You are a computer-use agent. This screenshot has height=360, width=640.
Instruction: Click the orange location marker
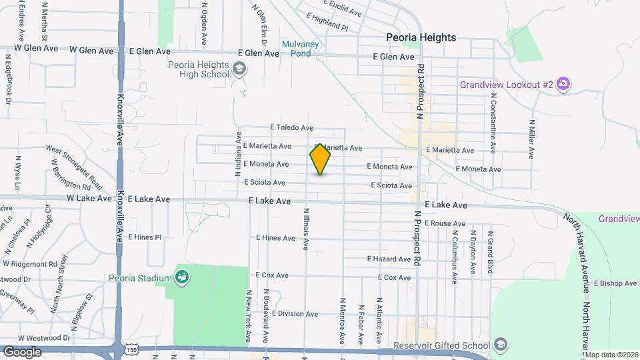320,159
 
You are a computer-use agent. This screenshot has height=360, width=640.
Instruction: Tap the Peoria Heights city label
421,37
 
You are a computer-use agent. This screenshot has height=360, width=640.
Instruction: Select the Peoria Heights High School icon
239,69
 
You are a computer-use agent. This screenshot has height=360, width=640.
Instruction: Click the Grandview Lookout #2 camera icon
563,85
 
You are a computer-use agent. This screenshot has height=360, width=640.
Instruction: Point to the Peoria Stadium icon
181,277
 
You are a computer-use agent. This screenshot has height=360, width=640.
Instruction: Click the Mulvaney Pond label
297,49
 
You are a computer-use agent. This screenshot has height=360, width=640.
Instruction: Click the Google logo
22,351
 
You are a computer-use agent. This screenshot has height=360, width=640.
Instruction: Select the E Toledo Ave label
291,127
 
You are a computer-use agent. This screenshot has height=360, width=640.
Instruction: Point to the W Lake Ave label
89,199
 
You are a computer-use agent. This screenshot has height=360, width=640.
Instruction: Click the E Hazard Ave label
389,259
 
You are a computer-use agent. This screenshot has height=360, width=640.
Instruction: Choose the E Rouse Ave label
443,223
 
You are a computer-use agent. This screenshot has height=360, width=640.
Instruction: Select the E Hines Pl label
145,237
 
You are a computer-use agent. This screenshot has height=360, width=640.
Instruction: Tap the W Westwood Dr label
44,339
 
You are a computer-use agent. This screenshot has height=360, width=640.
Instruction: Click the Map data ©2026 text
611,355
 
